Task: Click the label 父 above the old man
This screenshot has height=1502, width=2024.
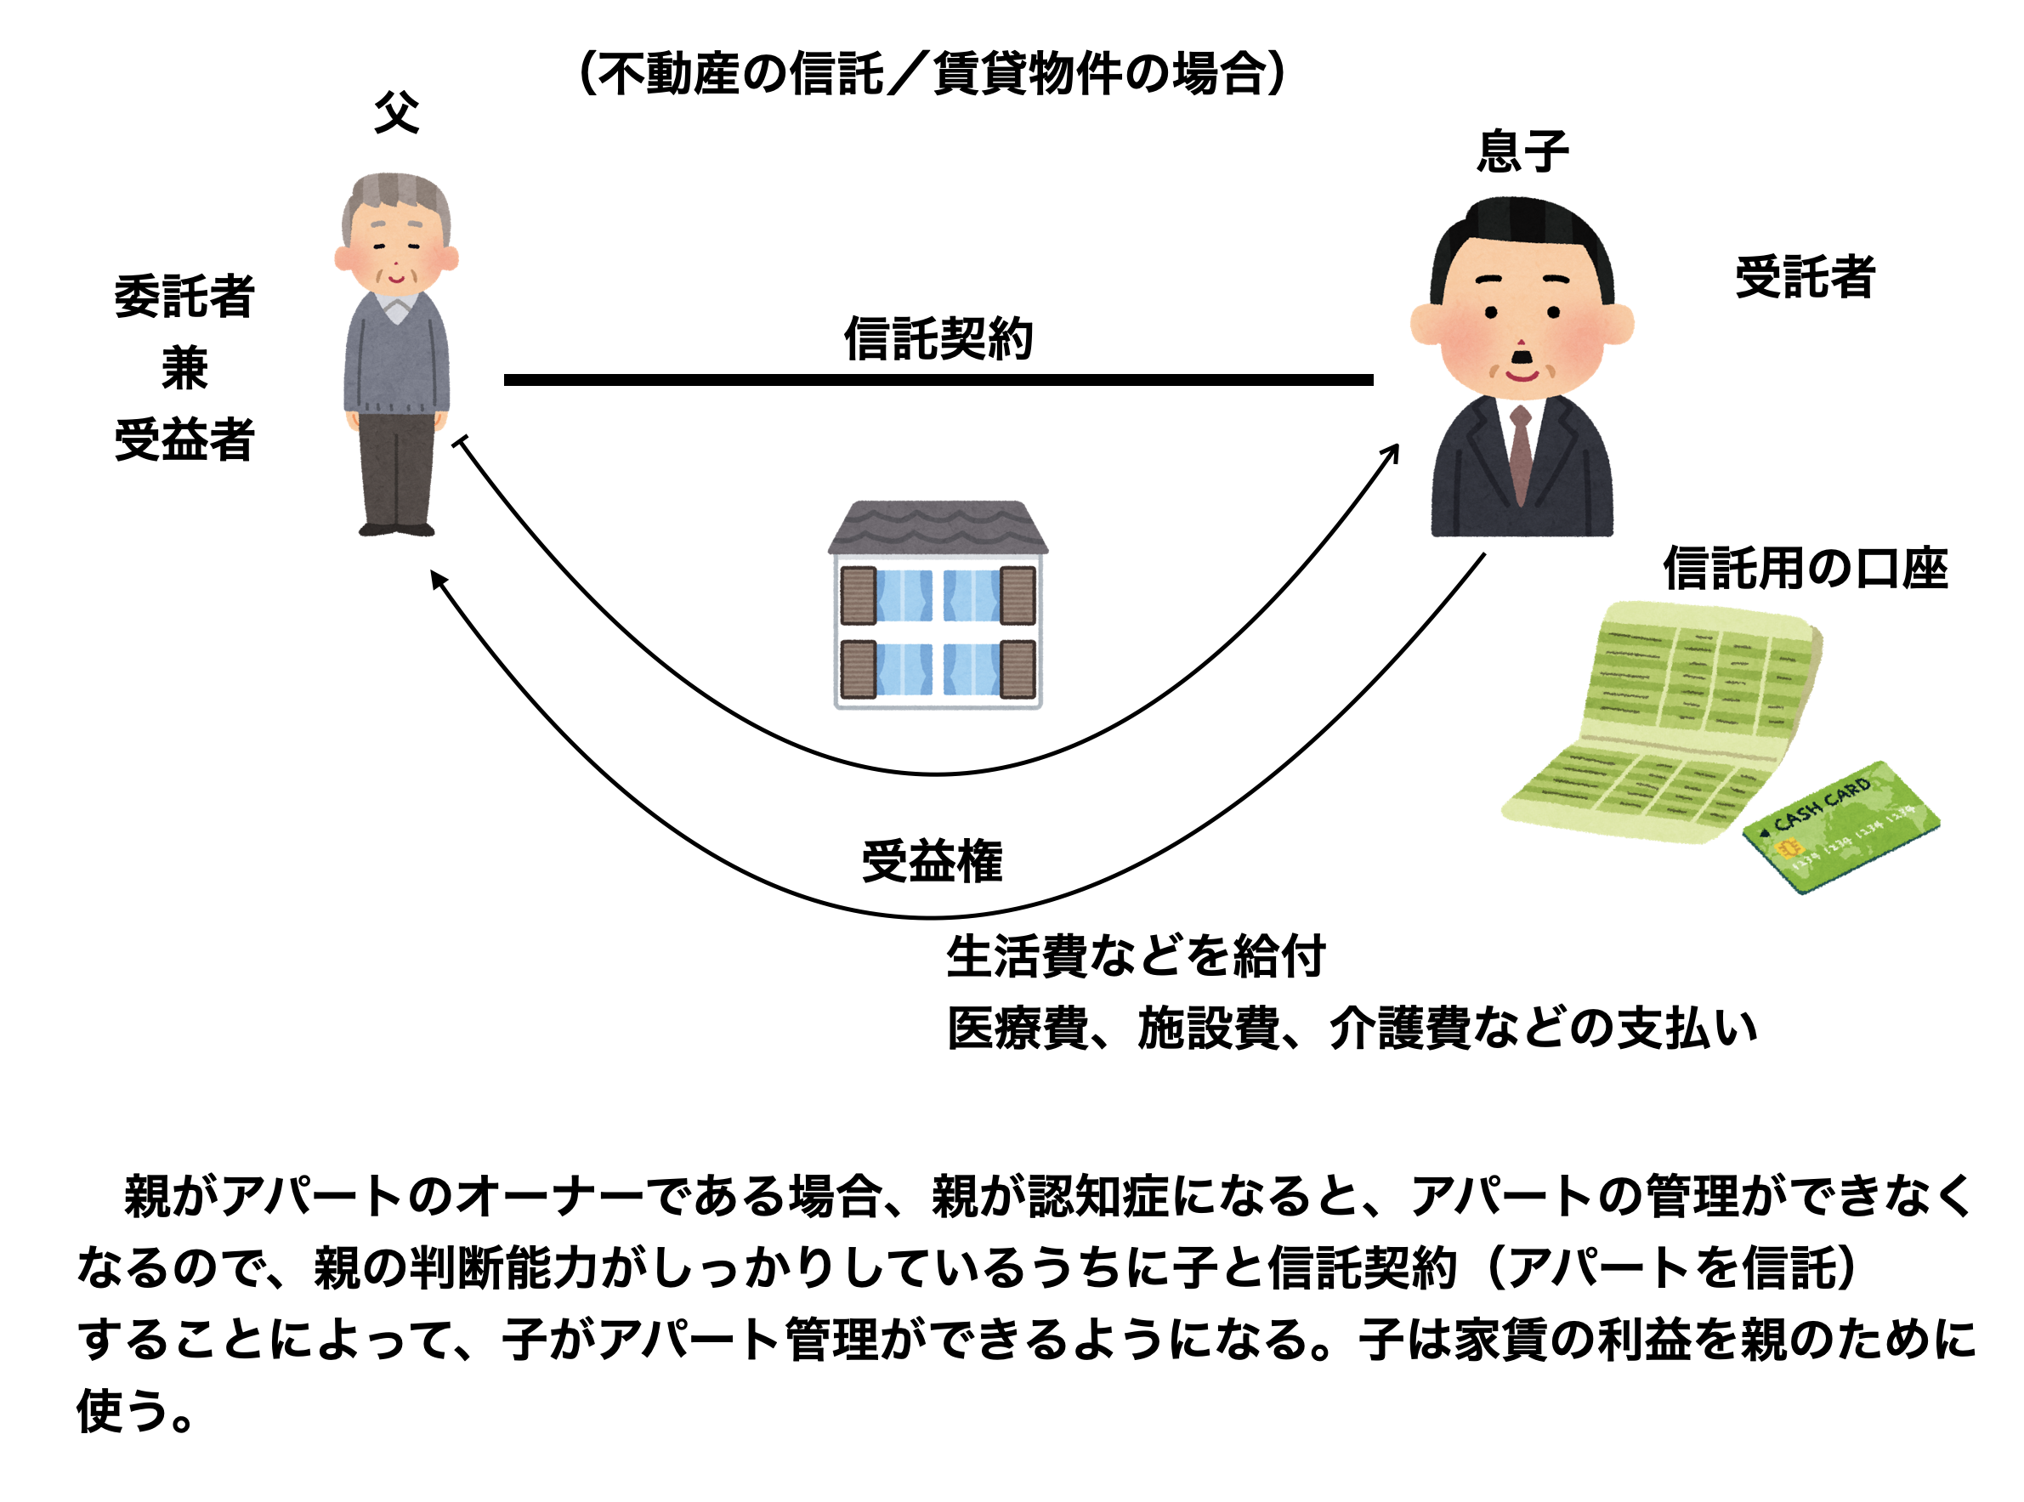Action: click(x=396, y=113)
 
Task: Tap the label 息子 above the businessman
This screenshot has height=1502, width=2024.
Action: click(x=1523, y=151)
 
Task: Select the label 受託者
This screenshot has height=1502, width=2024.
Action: click(x=1804, y=276)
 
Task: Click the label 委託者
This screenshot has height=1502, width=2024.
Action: click(x=184, y=297)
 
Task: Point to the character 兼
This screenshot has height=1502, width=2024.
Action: click(x=184, y=368)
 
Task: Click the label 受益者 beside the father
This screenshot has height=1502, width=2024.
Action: click(x=184, y=440)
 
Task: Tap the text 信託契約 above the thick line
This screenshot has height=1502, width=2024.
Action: click(x=938, y=338)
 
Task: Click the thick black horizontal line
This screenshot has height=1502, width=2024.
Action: click(x=938, y=380)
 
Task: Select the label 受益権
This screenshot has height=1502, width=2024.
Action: click(x=932, y=861)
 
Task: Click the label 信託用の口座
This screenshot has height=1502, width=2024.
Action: click(x=1805, y=570)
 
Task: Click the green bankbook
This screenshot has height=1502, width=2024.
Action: click(x=1664, y=718)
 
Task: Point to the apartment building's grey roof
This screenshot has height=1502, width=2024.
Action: click(x=938, y=525)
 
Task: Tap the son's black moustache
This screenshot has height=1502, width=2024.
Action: click(x=1520, y=355)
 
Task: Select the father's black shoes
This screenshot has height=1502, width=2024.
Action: click(x=396, y=530)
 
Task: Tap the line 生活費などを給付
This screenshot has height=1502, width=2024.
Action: click(x=1135, y=956)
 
